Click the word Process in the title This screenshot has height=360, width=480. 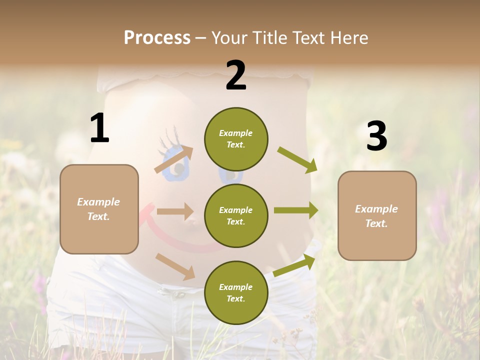(157, 38)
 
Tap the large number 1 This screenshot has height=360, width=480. (99, 128)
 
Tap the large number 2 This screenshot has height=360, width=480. (236, 75)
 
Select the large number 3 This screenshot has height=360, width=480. (376, 136)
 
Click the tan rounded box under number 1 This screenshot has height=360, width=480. (99, 209)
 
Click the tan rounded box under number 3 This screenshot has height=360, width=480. (377, 215)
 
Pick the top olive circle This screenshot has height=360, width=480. (236, 139)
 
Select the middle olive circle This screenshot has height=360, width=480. (236, 215)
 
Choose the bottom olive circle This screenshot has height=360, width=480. (236, 292)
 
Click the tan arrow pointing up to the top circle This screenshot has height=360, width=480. (174, 159)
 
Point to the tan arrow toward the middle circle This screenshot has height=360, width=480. (175, 211)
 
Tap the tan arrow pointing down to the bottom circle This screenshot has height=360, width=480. (175, 266)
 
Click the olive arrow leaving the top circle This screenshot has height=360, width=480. (297, 160)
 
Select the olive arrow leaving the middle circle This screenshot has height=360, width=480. (296, 210)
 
